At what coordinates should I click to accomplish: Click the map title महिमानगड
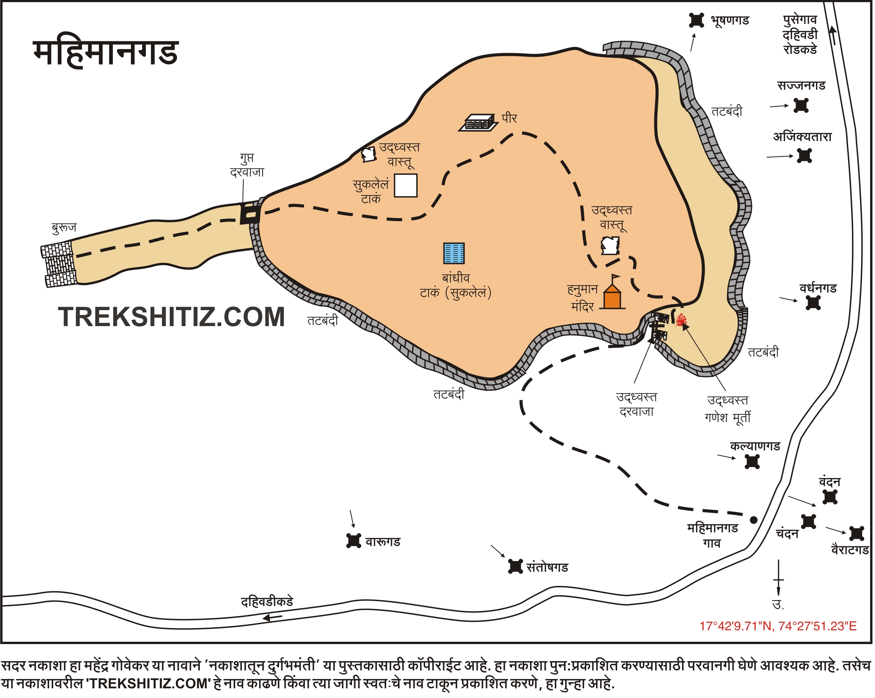(106, 53)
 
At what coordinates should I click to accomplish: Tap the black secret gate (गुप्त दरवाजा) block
(250, 214)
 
